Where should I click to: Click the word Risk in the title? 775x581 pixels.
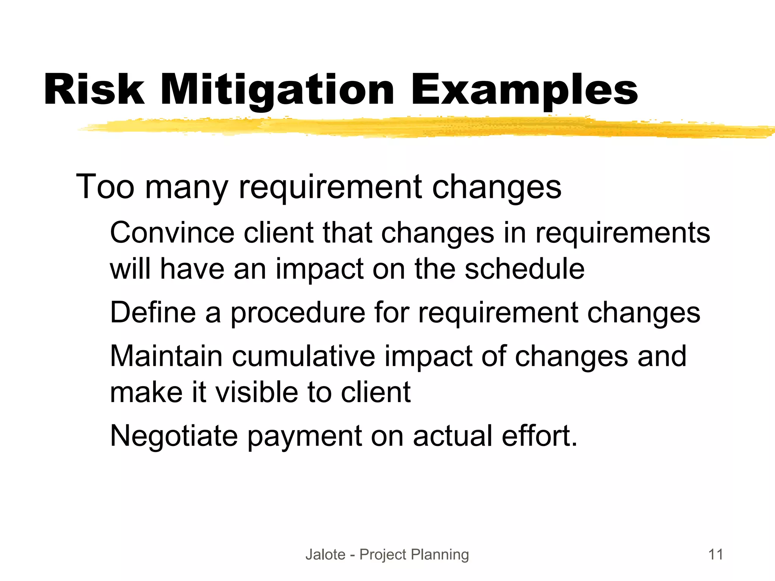click(94, 90)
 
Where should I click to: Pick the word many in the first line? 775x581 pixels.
click(187, 188)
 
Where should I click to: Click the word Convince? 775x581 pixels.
click(172, 232)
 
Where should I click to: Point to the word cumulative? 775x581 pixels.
click(303, 356)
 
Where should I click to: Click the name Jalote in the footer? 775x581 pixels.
click(325, 555)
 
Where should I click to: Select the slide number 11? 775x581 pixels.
click(716, 555)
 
